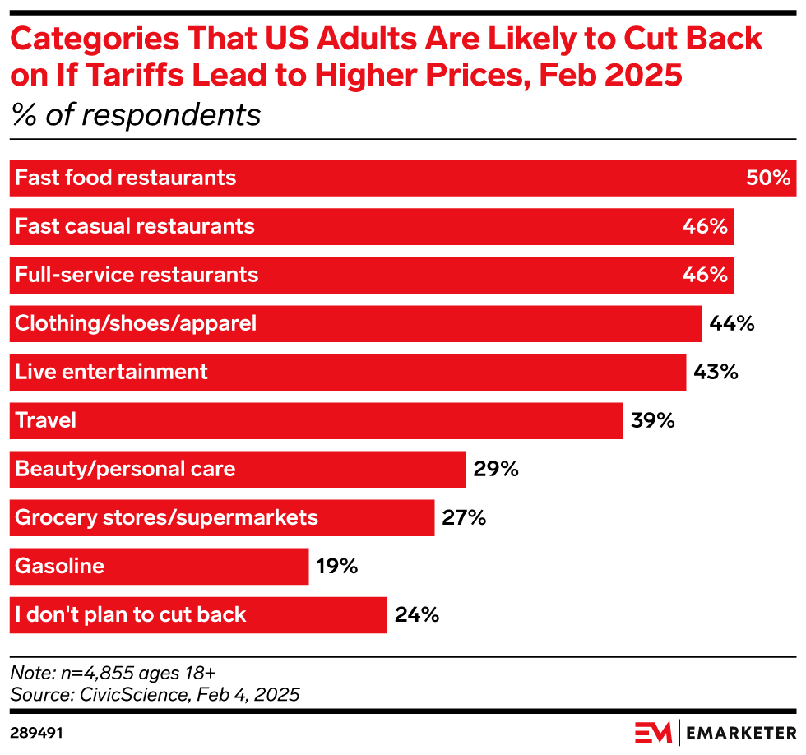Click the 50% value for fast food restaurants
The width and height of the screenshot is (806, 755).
pos(767,178)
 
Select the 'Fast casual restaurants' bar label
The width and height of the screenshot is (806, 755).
pos(135,226)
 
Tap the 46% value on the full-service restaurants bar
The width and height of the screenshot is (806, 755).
pos(705,275)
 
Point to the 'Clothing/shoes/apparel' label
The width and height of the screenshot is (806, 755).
pos(136,323)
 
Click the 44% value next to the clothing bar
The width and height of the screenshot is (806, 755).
pos(732,323)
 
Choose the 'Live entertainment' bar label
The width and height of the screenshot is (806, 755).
pos(112,372)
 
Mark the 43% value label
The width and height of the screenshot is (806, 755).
pos(716,372)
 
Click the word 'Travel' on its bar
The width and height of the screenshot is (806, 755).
pos(46,420)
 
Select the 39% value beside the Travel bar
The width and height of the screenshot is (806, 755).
pos(653,420)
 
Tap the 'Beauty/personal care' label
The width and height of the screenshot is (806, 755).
pos(125,469)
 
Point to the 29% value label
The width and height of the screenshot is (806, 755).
pos(496,469)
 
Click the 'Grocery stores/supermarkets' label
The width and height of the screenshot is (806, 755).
pos(166,517)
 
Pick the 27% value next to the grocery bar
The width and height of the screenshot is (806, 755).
pos(464,517)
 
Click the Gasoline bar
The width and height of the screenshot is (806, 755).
pos(159,566)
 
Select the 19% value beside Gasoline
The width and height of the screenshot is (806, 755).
pos(336,566)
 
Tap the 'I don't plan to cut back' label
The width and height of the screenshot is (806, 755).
pos(131,614)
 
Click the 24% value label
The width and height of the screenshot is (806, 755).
pos(417,614)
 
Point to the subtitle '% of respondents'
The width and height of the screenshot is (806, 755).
pos(136,115)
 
